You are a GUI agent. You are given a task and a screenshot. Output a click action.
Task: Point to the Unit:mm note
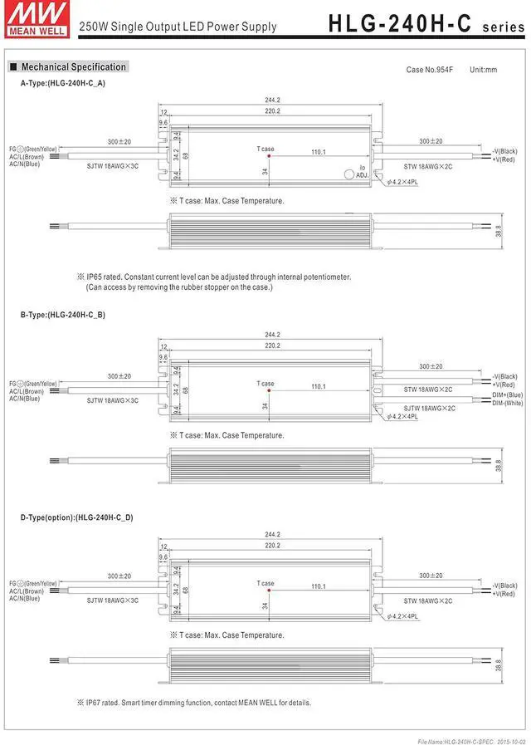pyautogui.click(x=483, y=70)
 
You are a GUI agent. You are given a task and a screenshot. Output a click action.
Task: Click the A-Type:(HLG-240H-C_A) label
pyautogui.click(x=63, y=84)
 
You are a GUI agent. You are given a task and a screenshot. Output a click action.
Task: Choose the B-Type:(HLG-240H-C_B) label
pyautogui.click(x=63, y=316)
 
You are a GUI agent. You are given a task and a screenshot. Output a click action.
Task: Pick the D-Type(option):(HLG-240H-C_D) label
pyautogui.click(x=76, y=517)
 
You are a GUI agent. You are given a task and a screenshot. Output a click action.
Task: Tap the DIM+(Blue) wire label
pyautogui.click(x=507, y=395)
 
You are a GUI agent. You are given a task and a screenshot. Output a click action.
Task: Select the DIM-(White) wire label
pyautogui.click(x=507, y=403)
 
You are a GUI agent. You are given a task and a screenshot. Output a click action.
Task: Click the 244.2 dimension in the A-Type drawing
pyautogui.click(x=272, y=100)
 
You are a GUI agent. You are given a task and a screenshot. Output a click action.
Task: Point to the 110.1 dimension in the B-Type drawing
pyautogui.click(x=318, y=386)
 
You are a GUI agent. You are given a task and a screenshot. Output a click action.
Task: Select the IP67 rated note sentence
pyautogui.click(x=199, y=703)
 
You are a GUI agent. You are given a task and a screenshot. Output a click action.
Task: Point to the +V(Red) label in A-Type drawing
pyautogui.click(x=504, y=159)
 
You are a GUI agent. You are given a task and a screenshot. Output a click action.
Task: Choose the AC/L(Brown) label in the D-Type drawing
pyautogui.click(x=27, y=590)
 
